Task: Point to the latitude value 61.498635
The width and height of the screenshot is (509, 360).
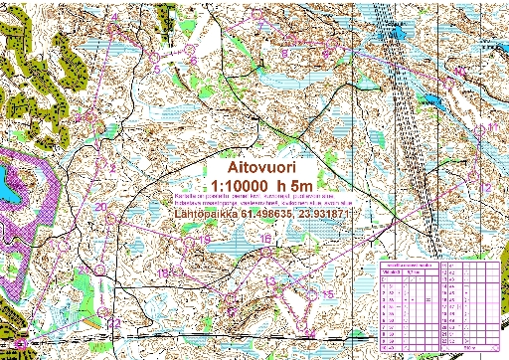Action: coord(282,211)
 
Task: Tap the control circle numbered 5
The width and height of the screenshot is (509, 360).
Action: coord(156,68)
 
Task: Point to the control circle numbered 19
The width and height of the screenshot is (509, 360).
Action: coord(195,242)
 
